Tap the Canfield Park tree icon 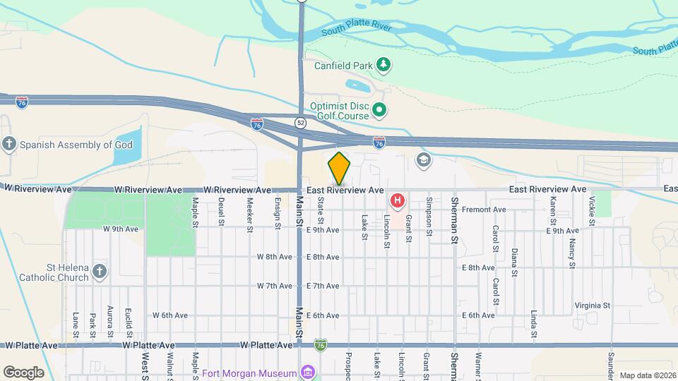383,66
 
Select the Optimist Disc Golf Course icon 379,109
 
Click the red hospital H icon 398,202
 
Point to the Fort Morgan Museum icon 307,372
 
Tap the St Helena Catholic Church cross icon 100,272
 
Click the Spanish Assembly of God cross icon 9,145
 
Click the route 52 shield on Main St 301,122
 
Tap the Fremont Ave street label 484,210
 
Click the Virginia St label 592,306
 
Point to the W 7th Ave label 274,286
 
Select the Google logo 23,372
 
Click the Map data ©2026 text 647,375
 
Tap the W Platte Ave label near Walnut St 148,346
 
